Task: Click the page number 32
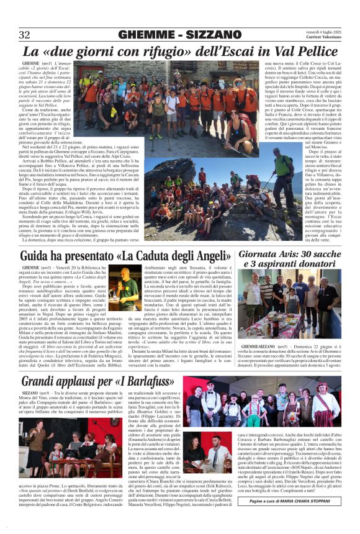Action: pyautogui.click(x=25, y=34)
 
